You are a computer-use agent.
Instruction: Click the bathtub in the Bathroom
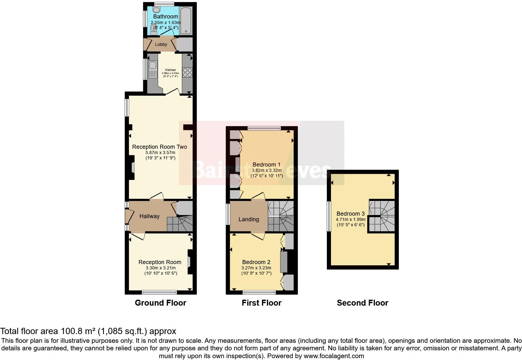coord(186,20)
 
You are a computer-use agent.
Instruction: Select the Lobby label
coord(161,44)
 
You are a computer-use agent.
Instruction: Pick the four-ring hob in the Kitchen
coord(187,72)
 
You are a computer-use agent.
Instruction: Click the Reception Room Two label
coord(160,147)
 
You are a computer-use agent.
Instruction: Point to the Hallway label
coord(149,216)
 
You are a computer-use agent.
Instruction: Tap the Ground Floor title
coord(160,303)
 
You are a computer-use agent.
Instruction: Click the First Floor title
coord(262,303)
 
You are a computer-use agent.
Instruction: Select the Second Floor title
coord(362,303)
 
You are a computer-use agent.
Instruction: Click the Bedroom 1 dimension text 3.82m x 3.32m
coord(267,170)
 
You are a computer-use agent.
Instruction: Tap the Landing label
coord(249,219)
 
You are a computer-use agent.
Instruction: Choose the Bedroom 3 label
coord(350,214)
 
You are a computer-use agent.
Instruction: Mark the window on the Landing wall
coord(228,214)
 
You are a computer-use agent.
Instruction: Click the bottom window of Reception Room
coord(159,292)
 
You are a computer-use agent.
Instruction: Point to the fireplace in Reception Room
coord(190,262)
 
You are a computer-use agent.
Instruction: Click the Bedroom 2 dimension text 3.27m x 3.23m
coord(256,268)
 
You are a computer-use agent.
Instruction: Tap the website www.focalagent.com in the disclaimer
coord(334,356)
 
